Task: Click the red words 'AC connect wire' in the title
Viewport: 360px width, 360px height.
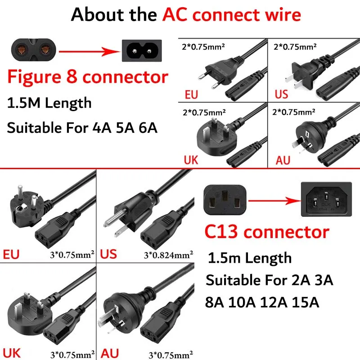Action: (x=231, y=15)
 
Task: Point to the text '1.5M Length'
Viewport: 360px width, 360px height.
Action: (x=49, y=103)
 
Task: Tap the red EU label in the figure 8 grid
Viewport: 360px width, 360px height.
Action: (x=191, y=95)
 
